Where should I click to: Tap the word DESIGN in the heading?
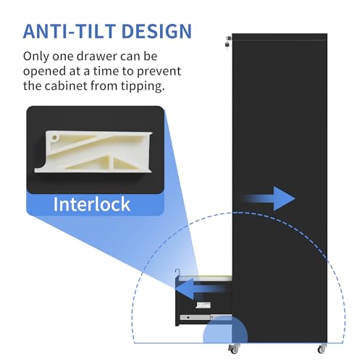tap(157, 31)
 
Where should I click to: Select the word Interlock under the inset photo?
tap(92, 204)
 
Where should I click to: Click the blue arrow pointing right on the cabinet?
tap(269, 198)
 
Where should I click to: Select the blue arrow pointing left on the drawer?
tap(201, 289)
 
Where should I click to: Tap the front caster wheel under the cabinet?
tap(234, 348)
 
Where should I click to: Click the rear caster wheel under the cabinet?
tap(322, 348)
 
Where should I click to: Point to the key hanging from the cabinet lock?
tap(227, 45)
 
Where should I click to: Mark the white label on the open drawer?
tap(203, 305)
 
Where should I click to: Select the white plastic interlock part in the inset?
tap(93, 151)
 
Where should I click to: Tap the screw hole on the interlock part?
tap(54, 138)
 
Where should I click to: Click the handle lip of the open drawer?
tap(177, 274)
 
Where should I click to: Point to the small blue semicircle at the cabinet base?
tap(225, 330)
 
